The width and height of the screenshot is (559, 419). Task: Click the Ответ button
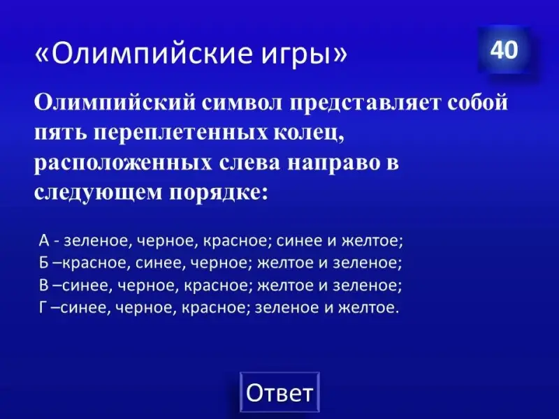[x=279, y=392]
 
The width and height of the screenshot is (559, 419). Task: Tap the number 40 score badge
[x=504, y=49]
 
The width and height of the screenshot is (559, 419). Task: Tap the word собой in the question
[x=477, y=103]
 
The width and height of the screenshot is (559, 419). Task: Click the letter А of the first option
[x=44, y=241]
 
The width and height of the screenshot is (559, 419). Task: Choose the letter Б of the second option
[x=43, y=263]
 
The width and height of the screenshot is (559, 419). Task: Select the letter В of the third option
[x=43, y=285]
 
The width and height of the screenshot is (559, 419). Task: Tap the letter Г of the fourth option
[x=43, y=307]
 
